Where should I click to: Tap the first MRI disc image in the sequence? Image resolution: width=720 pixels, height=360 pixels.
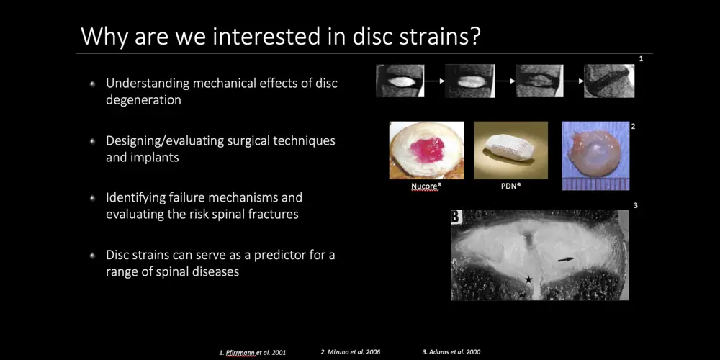click(x=400, y=81)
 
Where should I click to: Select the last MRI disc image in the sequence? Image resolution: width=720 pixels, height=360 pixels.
click(x=609, y=81)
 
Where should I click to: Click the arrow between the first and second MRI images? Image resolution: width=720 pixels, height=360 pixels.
click(x=434, y=81)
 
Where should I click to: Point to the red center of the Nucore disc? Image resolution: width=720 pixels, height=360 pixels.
click(x=427, y=150)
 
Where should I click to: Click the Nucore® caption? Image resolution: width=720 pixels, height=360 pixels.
click(x=425, y=187)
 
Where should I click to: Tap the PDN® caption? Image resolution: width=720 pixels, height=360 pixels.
click(x=511, y=187)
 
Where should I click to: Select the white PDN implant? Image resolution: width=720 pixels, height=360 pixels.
click(x=509, y=148)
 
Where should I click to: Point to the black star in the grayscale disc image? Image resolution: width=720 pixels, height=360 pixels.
click(x=528, y=279)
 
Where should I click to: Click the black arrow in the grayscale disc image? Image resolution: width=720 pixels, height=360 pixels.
click(x=566, y=259)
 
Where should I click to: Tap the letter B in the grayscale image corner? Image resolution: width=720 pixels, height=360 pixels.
click(x=456, y=217)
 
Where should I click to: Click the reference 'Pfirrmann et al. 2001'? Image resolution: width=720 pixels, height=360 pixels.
click(x=252, y=353)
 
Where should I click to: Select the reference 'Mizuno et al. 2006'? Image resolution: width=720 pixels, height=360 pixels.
click(x=351, y=352)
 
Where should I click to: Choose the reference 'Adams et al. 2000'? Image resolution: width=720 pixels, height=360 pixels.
click(x=451, y=352)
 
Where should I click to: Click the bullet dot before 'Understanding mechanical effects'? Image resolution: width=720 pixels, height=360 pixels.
click(x=92, y=84)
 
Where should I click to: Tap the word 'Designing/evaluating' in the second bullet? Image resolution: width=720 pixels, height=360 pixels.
click(x=165, y=140)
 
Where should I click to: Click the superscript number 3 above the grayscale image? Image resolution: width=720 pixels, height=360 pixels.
click(x=636, y=205)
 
